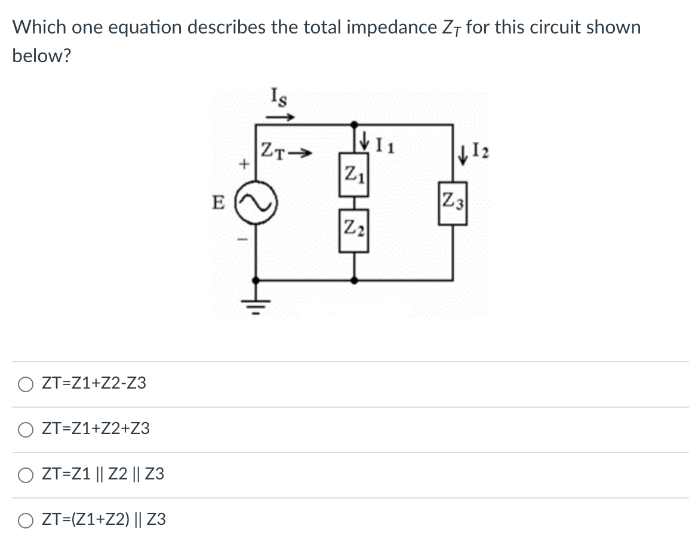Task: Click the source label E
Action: point(219,203)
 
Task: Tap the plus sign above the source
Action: point(243,164)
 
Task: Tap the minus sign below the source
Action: point(242,239)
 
